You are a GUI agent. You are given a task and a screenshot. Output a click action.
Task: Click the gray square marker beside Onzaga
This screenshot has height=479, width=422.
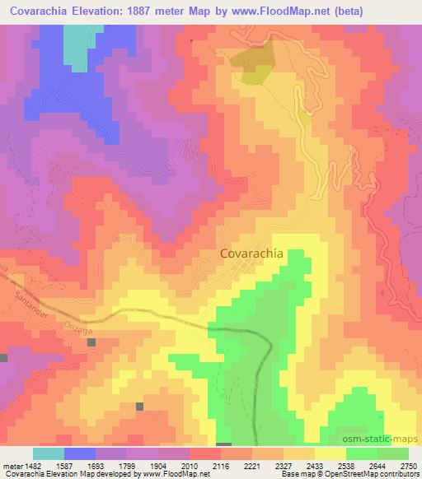91,342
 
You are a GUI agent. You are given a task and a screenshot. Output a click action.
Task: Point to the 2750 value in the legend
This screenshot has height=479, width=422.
408,465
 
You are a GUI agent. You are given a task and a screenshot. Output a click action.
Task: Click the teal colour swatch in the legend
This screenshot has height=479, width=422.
48,453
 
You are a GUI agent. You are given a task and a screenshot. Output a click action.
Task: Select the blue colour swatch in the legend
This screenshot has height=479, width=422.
79,453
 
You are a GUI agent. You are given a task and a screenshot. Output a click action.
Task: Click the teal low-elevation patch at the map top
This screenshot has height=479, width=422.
78,45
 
